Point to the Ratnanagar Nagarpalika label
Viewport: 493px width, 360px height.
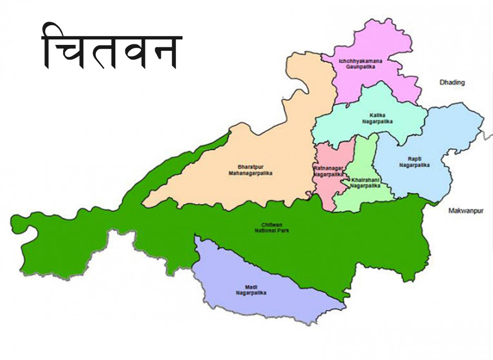point(328,171)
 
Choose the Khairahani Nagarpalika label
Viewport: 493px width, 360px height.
point(365,183)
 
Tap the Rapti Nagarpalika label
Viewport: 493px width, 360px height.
point(414,162)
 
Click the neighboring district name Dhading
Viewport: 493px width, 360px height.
point(452,82)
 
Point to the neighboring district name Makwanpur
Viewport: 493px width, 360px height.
point(466,211)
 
